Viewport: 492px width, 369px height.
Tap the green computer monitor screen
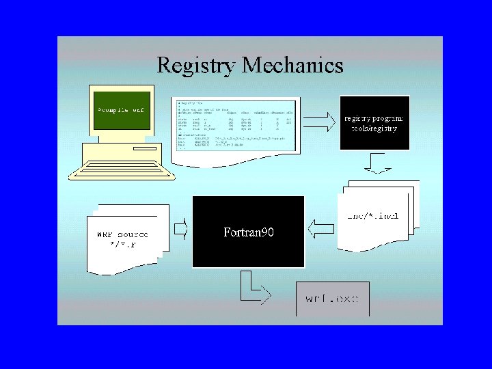(122, 109)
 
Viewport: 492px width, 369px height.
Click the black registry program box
(374, 123)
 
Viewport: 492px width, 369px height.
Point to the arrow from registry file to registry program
(320, 123)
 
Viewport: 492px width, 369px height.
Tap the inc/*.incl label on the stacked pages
(373, 216)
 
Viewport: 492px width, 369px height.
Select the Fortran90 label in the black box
(249, 232)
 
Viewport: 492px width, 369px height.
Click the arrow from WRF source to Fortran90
(180, 228)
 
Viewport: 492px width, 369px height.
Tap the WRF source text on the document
(122, 234)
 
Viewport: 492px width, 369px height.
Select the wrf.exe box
(332, 299)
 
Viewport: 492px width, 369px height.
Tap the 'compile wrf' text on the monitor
(121, 109)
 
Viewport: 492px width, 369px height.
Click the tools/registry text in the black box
(374, 128)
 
